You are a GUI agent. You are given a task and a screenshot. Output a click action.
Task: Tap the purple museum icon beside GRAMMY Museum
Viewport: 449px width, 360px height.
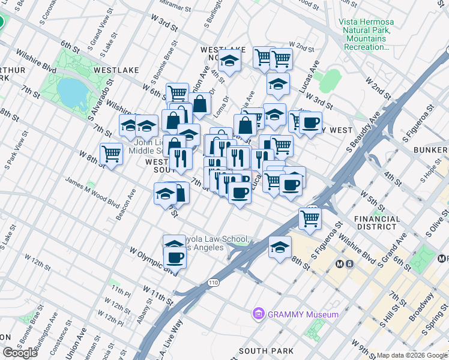[259, 314]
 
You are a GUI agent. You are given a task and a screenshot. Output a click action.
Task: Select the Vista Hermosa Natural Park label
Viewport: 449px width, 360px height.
[366, 29]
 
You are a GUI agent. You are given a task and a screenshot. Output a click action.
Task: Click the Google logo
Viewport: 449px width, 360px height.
[20, 353]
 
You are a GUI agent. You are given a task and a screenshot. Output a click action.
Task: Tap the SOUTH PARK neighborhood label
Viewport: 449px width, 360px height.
[266, 351]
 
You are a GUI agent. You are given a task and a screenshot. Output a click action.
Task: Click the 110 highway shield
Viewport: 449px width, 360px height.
[214, 282]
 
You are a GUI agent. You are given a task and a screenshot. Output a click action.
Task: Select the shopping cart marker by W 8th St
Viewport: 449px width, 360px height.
[112, 153]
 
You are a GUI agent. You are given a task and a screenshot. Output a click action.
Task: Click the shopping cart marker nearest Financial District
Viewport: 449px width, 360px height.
[310, 218]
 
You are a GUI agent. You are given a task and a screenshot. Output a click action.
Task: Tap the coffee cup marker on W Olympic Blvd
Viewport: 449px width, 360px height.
[175, 257]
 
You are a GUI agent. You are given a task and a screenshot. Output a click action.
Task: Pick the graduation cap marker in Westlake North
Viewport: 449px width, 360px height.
[229, 60]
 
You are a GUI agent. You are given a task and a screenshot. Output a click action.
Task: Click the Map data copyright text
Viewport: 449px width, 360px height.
[412, 355]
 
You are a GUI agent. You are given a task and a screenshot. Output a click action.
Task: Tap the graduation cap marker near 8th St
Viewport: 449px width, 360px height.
[280, 247]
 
